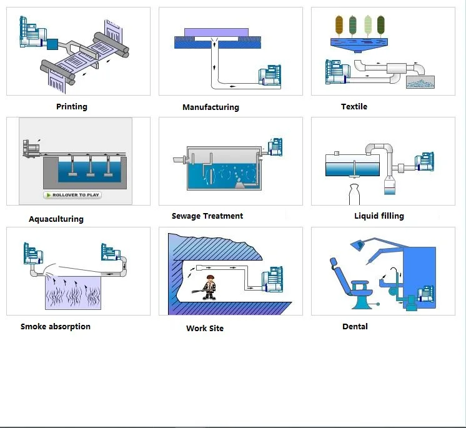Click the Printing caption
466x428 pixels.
point(72,107)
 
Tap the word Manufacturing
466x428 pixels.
point(211,107)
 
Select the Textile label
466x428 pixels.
point(354,106)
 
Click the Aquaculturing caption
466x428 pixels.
point(56,219)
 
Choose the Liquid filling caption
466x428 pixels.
point(379,216)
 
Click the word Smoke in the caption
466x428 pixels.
point(33,326)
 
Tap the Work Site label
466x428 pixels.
point(205,328)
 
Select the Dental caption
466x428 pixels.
point(355,326)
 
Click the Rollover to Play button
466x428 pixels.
point(72,195)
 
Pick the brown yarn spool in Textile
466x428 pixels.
point(339,25)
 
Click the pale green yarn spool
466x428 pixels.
point(368,25)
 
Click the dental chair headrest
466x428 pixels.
point(334,262)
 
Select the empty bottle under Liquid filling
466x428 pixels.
point(354,195)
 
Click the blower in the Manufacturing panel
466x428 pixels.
point(270,76)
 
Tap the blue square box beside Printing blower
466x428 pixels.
point(52,44)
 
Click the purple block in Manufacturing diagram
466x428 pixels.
point(216,32)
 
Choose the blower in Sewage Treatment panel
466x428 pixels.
point(275,147)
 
